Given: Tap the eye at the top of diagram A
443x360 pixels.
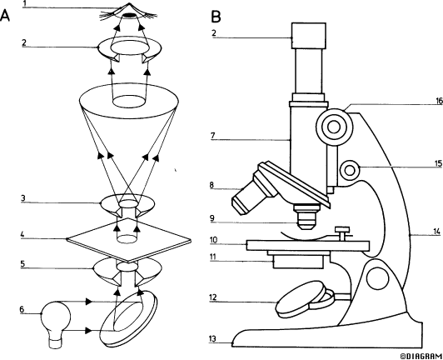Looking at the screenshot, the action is (x=129, y=12).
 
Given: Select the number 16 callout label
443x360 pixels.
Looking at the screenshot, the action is (x=439, y=101).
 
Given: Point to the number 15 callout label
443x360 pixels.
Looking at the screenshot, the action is (x=438, y=164).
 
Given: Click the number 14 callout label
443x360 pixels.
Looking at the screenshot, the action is (x=437, y=232).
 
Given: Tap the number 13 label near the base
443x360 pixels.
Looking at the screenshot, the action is (x=212, y=338).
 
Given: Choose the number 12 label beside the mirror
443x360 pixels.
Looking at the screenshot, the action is (x=212, y=297).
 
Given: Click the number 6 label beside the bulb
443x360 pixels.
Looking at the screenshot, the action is (x=22, y=309).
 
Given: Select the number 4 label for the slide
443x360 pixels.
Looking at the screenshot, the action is (x=22, y=235).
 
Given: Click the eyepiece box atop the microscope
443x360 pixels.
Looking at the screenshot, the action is (x=309, y=36).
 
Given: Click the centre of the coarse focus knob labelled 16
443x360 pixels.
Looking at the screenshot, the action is (x=334, y=127).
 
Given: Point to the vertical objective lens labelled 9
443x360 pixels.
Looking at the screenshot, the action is (x=306, y=217).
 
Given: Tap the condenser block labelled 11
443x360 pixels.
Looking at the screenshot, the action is (x=298, y=262).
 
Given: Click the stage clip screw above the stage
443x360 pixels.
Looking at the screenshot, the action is (x=342, y=232).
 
